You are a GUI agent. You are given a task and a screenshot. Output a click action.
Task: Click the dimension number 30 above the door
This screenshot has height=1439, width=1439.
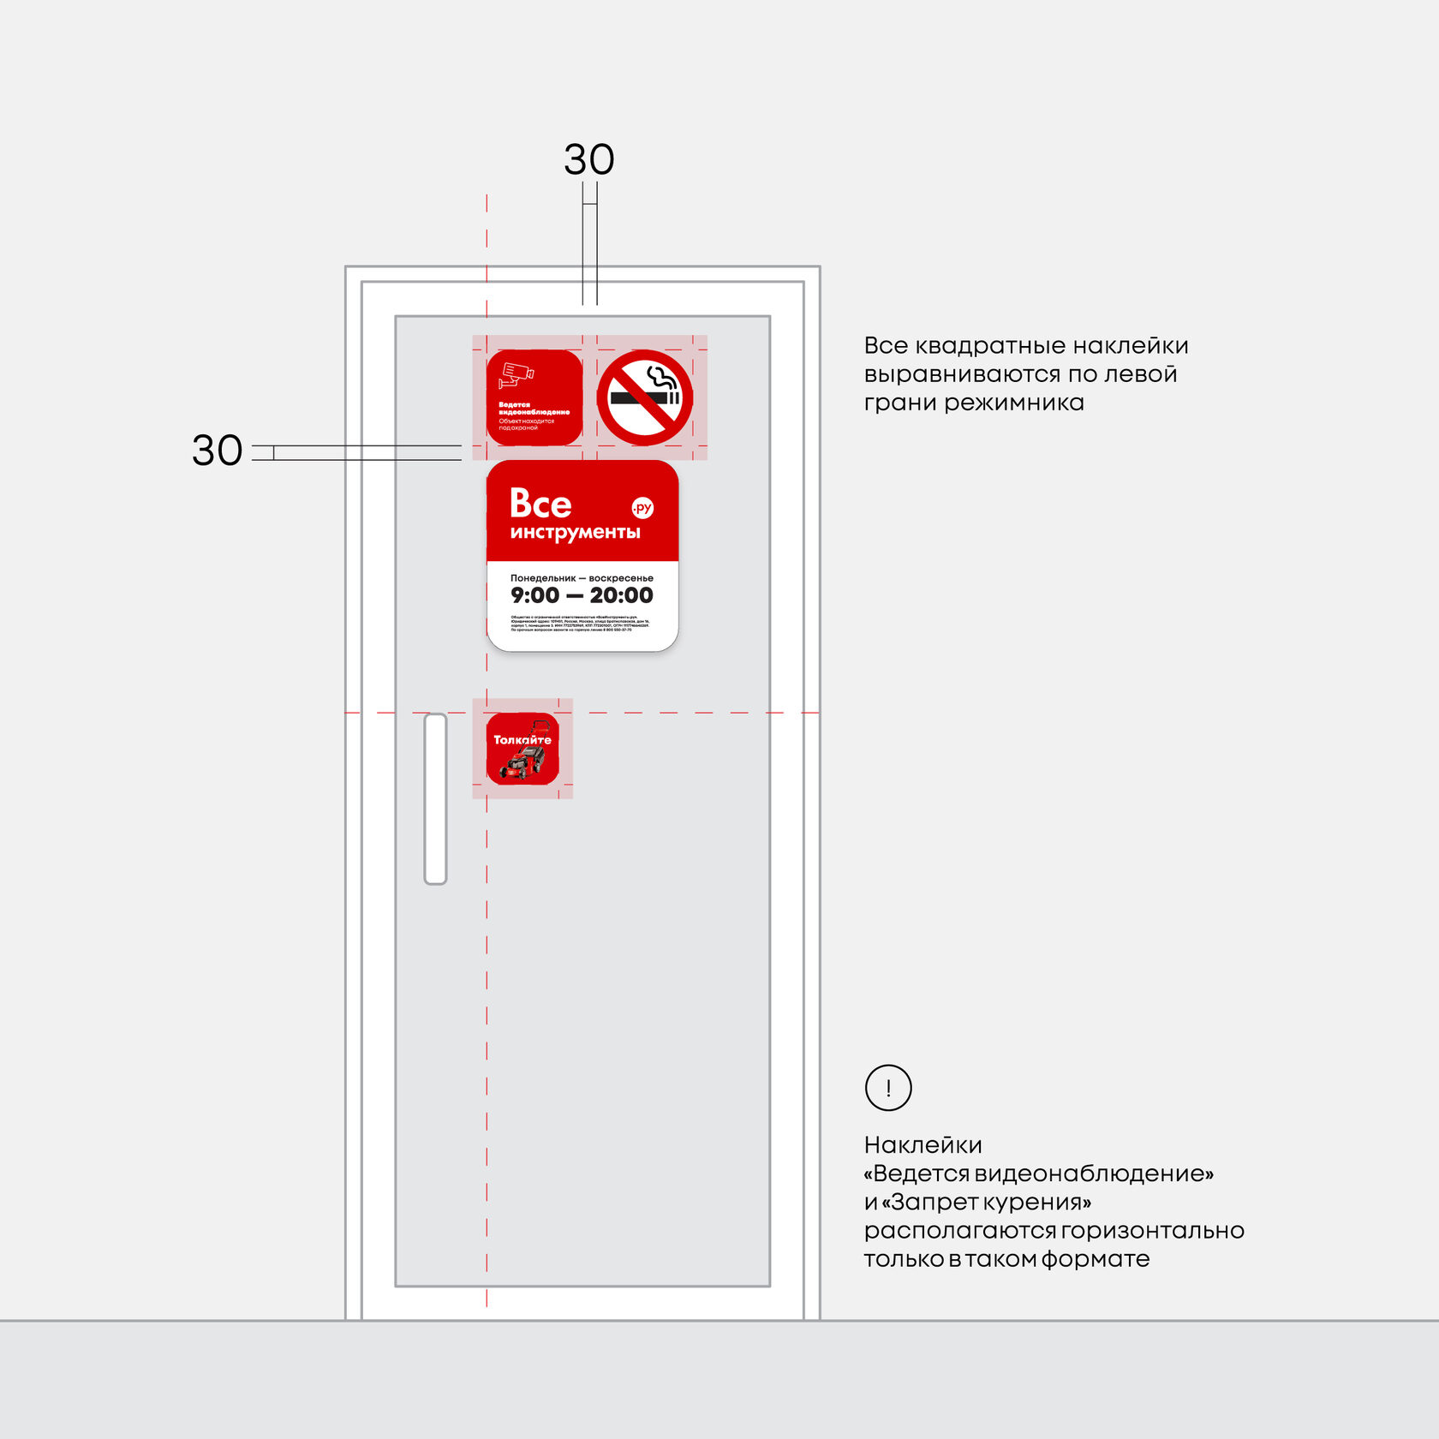pyautogui.click(x=588, y=160)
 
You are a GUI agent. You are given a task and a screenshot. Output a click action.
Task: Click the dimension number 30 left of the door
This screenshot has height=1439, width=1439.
pyautogui.click(x=217, y=451)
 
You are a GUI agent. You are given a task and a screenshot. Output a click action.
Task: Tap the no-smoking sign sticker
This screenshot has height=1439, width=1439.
pyautogui.click(x=645, y=397)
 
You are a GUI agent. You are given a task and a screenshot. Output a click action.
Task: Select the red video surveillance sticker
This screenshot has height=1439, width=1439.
pyautogui.click(x=534, y=397)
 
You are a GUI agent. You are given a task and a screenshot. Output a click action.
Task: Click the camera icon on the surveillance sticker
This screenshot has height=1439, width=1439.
pyautogui.click(x=516, y=375)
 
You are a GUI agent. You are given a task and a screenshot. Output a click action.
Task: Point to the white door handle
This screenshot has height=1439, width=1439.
pyautogui.click(x=435, y=798)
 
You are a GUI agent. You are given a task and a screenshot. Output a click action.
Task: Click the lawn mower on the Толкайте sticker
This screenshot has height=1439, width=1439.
pyautogui.click(x=523, y=761)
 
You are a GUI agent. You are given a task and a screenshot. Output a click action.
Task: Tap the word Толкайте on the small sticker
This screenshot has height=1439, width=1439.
pyautogui.click(x=522, y=739)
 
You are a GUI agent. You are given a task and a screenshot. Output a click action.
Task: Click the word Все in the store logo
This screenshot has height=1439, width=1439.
pyautogui.click(x=540, y=504)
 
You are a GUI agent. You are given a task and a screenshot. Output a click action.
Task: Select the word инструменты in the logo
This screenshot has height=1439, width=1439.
pyautogui.click(x=575, y=533)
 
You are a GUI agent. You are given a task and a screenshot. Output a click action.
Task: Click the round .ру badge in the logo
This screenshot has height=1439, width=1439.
pyautogui.click(x=642, y=508)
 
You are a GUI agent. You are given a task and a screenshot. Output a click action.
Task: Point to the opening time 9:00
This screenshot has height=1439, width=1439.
pyautogui.click(x=534, y=595)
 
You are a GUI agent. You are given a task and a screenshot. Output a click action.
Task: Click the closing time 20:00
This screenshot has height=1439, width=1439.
pyautogui.click(x=621, y=595)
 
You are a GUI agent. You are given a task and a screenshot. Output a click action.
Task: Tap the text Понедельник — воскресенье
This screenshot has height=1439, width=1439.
pyautogui.click(x=582, y=578)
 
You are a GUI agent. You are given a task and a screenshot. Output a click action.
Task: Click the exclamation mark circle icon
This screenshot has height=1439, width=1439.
pyautogui.click(x=888, y=1088)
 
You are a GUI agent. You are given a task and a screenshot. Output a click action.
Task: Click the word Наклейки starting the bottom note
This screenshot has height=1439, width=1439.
pyautogui.click(x=923, y=1145)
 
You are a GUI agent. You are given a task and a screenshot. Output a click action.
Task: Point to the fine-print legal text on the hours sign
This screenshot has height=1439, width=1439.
pyautogui.click(x=580, y=623)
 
